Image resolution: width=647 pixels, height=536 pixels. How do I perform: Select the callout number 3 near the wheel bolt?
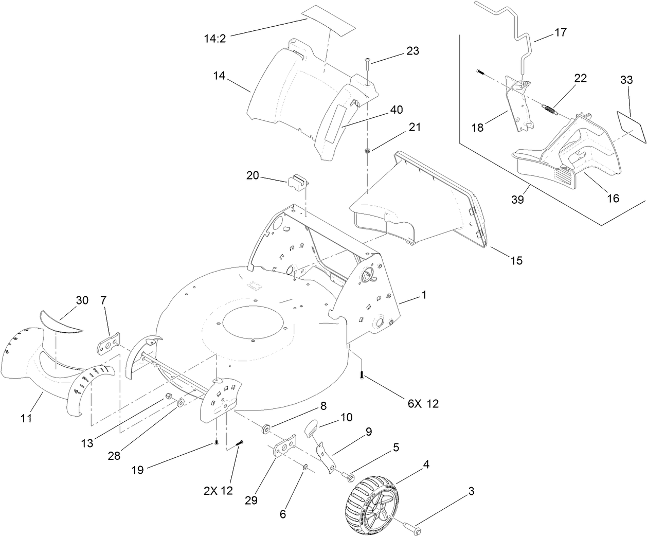pos(471,492)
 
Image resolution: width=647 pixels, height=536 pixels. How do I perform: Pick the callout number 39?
pos(517,200)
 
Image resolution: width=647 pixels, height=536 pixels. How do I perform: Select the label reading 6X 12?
pos(423,404)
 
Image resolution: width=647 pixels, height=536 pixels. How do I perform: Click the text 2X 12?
pos(218,491)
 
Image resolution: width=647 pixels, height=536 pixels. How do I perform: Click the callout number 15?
pos(516,261)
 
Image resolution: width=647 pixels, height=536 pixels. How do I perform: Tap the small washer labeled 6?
pos(305,467)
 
